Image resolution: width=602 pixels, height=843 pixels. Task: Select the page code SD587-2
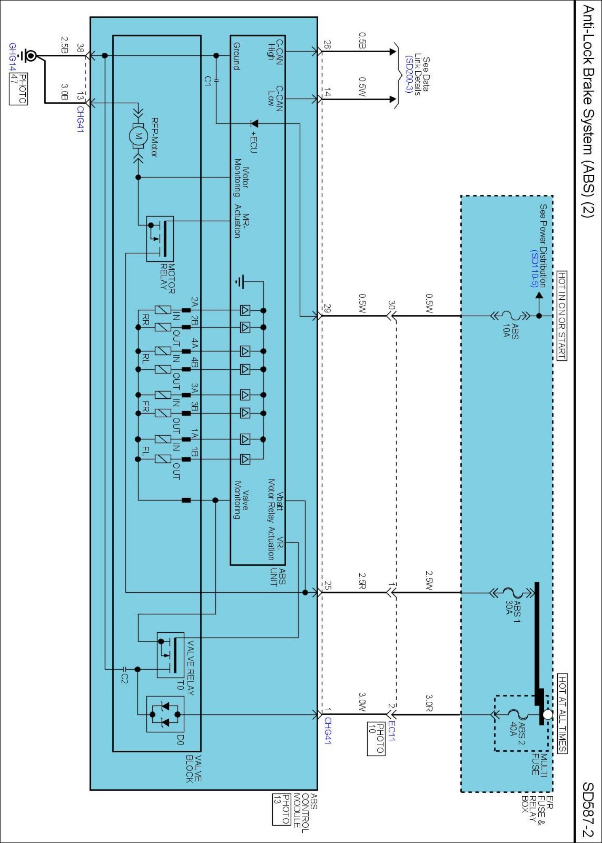[588, 809]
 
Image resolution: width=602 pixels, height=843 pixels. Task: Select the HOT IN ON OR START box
[562, 316]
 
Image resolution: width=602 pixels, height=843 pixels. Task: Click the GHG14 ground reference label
[13, 57]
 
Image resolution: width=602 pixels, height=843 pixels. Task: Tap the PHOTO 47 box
[19, 89]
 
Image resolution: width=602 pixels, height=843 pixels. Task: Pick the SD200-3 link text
[408, 74]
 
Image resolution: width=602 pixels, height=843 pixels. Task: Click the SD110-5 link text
[535, 268]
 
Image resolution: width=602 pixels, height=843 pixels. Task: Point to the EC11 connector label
[391, 731]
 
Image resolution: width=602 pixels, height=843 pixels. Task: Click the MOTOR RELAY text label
[167, 279]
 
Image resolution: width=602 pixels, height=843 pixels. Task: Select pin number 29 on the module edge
[327, 308]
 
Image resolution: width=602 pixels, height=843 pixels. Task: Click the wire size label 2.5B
[64, 45]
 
